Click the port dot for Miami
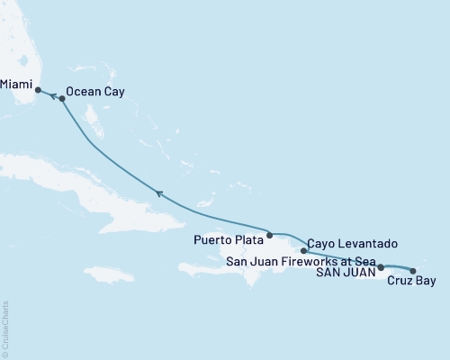pos(38,90)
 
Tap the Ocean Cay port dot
pos(62,99)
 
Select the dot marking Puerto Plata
pos(269,234)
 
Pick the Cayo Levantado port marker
pos(303,249)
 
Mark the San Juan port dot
pos(381,267)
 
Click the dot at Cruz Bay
pos(413,270)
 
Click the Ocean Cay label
pos(94,92)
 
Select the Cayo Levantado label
pos(352,244)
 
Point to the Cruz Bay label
pos(411,282)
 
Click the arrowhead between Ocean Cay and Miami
pos(51,94)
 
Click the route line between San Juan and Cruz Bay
pos(397,266)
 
